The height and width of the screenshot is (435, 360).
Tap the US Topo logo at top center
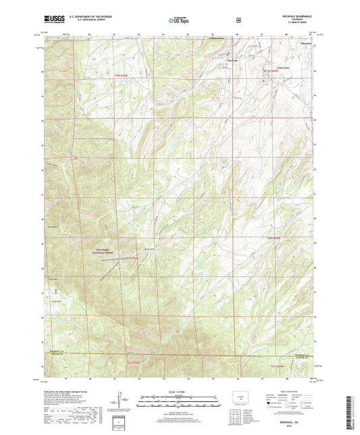pos(179,22)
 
